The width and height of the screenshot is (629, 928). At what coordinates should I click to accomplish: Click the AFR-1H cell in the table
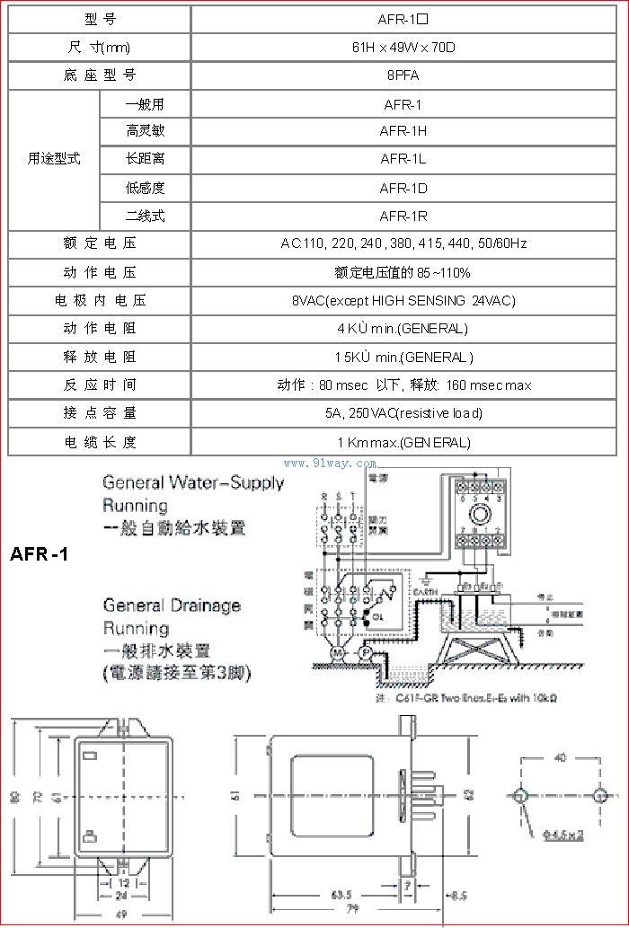click(403, 131)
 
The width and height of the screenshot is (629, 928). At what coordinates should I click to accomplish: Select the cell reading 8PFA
click(403, 75)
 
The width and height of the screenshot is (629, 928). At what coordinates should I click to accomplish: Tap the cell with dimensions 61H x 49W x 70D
click(403, 48)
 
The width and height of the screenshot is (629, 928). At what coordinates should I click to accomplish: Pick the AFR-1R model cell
click(403, 217)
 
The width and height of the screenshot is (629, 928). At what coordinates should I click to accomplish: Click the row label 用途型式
click(54, 159)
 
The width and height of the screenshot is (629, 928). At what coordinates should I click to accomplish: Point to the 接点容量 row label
click(100, 413)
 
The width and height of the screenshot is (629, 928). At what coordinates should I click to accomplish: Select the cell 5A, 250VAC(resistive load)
click(403, 413)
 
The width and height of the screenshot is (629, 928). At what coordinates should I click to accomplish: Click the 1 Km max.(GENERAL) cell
click(403, 442)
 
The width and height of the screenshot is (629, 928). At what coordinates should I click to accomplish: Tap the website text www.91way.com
click(330, 464)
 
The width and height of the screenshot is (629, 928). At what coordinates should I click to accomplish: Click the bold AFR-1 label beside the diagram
click(40, 554)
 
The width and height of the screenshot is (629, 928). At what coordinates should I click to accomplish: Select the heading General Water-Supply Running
click(193, 493)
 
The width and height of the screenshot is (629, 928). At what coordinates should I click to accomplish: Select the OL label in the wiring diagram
click(378, 616)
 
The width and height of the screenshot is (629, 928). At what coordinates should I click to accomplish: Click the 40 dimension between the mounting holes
click(560, 758)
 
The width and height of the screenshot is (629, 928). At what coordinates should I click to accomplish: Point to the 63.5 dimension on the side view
click(340, 895)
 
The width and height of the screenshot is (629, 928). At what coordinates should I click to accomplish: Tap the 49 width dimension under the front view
click(120, 915)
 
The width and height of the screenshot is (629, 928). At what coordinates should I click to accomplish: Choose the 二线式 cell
click(145, 217)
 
